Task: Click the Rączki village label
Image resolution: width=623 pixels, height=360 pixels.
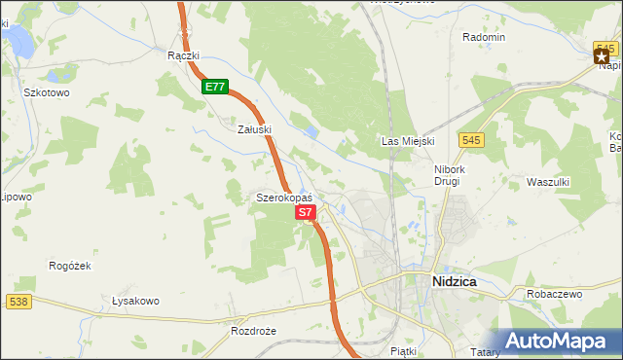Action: pos(183,55)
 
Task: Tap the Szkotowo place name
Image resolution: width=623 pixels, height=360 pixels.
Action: pos(46,92)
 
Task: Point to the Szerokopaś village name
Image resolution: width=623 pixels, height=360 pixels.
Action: pos(283,198)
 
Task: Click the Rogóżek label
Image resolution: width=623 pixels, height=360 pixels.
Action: pos(69,265)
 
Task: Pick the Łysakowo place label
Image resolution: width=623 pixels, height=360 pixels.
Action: pos(135,301)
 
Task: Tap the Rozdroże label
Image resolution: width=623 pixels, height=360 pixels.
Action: pos(255,331)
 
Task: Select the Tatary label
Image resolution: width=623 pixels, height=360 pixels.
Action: pos(484,351)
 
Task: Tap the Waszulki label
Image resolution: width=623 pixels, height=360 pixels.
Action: pos(547,182)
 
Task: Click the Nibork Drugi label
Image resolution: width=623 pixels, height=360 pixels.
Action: pos(451,174)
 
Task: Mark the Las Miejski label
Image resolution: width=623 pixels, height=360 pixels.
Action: pos(407,142)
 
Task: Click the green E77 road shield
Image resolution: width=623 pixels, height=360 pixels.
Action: pos(215,87)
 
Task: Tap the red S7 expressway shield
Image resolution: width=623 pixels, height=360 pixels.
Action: pos(305,211)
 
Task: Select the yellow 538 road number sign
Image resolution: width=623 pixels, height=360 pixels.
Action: pos(18,302)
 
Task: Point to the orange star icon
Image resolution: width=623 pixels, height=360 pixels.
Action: pos(602,57)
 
